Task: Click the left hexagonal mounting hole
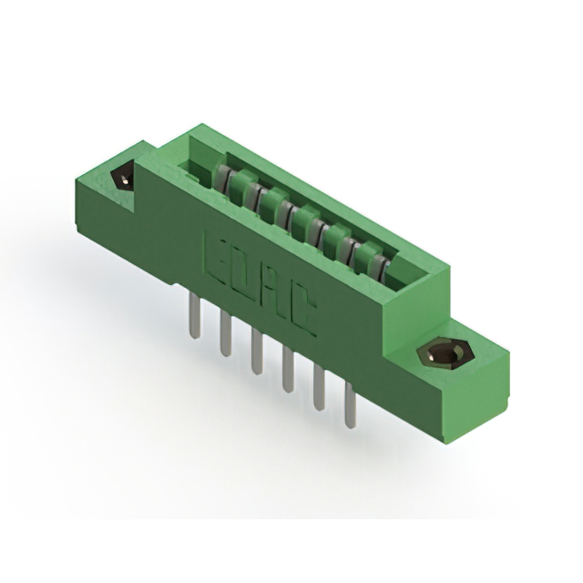pos(124,177)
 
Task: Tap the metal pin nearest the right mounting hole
pos(350,406)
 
